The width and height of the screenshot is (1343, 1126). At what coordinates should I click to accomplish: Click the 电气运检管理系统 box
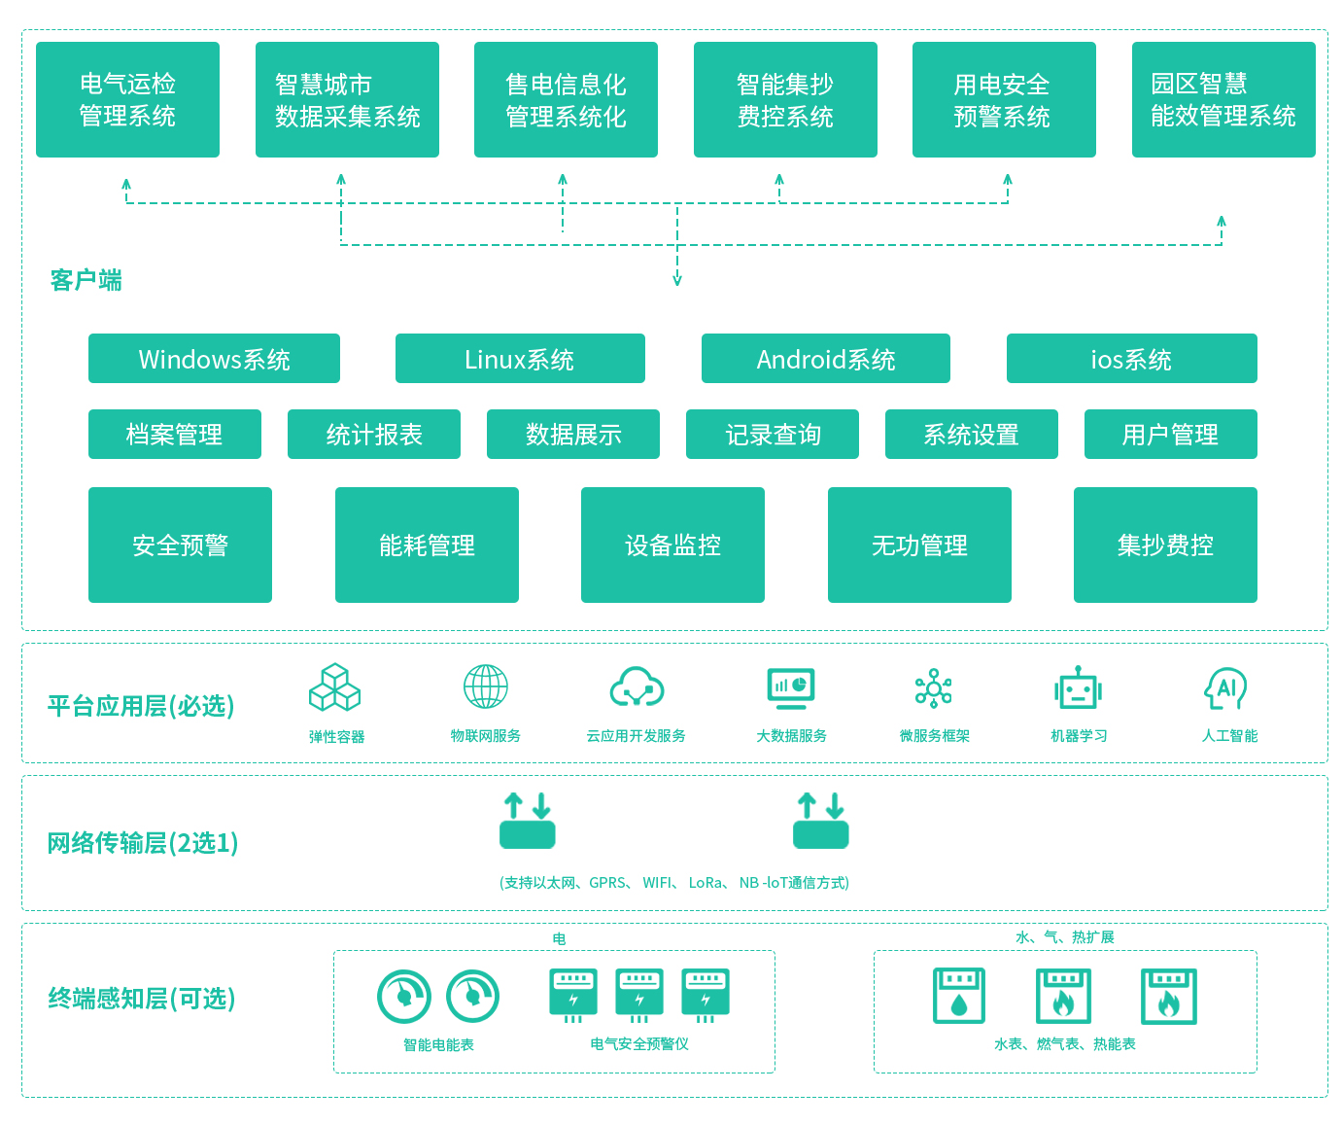coord(127,99)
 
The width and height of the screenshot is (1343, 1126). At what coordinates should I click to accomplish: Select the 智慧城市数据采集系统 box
coord(347,99)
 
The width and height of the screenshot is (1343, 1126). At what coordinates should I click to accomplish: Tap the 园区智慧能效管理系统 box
coord(1222,99)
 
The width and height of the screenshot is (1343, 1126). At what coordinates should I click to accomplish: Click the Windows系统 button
coord(214,359)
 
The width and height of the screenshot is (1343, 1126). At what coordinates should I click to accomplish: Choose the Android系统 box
coord(825,359)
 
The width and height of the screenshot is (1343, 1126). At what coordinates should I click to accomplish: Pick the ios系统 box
coord(1131,359)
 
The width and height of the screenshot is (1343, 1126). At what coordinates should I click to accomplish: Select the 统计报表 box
coord(374,434)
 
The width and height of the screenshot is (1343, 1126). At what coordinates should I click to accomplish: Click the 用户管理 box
coord(1170,434)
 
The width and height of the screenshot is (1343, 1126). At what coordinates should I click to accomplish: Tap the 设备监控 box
coord(672,545)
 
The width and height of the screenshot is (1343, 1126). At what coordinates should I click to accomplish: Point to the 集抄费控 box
coord(1165,545)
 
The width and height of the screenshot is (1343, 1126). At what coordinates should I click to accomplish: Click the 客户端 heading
coord(86,280)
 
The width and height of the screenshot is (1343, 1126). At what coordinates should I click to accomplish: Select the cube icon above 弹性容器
coord(335,687)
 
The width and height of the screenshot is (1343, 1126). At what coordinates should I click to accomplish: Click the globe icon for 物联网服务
coord(486,686)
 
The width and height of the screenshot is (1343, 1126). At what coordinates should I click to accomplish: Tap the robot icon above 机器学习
coord(1078,688)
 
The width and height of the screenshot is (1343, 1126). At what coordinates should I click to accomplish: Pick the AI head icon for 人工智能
coord(1226,688)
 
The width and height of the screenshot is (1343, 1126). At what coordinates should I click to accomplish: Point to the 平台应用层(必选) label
coord(141,706)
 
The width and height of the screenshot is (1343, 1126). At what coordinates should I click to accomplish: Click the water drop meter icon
coord(959,996)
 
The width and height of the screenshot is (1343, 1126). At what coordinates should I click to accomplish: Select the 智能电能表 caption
coord(438,1044)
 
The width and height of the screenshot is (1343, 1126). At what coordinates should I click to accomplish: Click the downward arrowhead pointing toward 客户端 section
coord(677,280)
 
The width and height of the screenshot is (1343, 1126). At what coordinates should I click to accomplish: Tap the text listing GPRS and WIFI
coord(674,883)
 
